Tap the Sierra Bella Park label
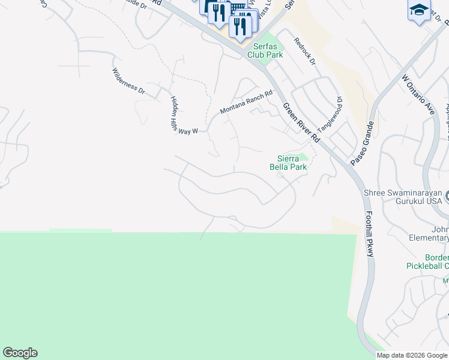coord(288,163)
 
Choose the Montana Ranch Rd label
coord(246,102)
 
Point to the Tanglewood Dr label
coord(330,115)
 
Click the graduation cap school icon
coord(419,11)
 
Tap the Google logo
coord(20,353)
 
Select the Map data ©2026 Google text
coord(412,355)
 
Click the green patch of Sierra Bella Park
coord(302,158)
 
